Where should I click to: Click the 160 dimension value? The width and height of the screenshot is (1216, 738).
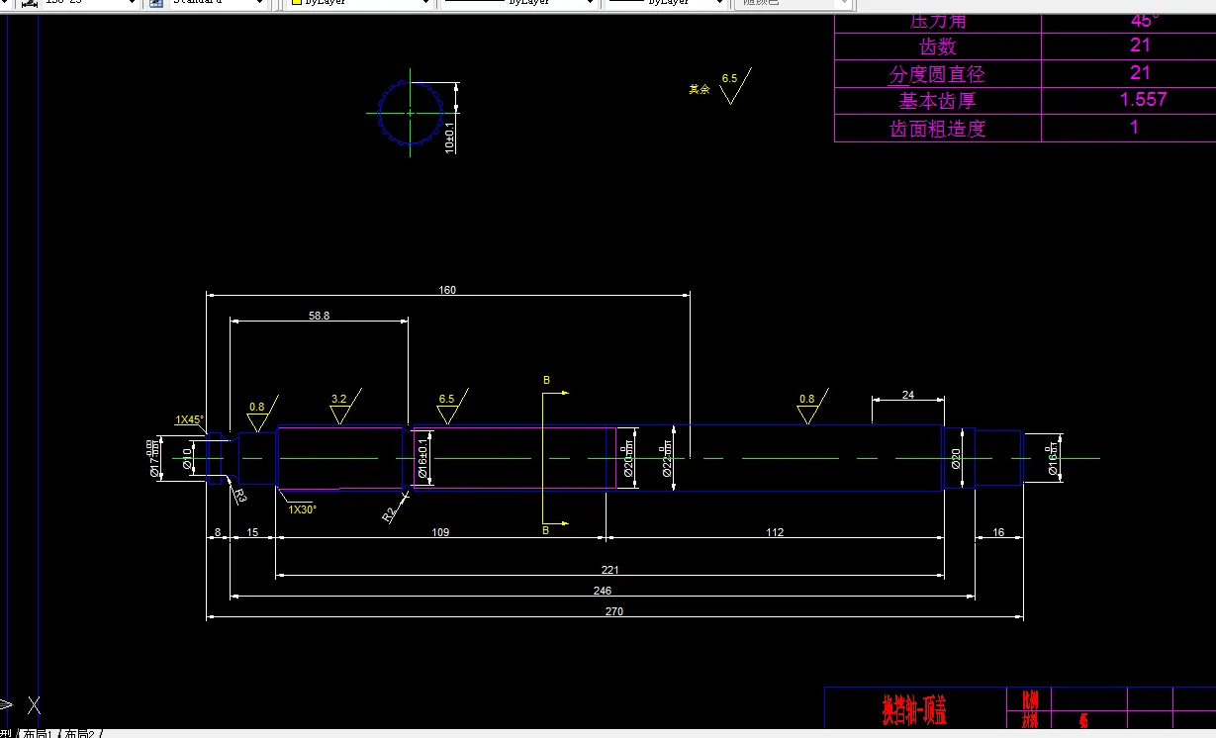(x=447, y=290)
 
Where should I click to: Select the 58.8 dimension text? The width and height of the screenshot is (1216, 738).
(x=319, y=316)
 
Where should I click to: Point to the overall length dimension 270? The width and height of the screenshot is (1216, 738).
(x=613, y=611)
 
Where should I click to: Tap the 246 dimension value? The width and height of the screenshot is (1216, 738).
(x=602, y=591)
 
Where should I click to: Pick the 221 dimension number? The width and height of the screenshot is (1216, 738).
(x=609, y=570)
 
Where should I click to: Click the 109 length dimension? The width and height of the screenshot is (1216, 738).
(x=440, y=532)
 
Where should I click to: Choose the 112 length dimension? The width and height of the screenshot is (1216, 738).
(x=775, y=532)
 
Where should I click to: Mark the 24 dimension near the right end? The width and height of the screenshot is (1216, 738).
(x=908, y=395)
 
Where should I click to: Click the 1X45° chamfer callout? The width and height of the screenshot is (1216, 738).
(x=190, y=419)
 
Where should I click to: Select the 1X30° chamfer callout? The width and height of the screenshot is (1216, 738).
(x=302, y=509)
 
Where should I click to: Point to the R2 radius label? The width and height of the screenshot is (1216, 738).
(x=390, y=513)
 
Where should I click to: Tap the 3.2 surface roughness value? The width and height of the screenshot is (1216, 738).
(x=338, y=400)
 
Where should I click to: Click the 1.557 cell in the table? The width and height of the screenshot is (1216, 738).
(x=1143, y=100)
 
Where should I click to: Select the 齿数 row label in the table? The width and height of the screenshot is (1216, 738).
(x=937, y=46)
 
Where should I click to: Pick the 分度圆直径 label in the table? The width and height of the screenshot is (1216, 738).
(x=937, y=74)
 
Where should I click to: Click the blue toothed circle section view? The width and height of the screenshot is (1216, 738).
(x=408, y=113)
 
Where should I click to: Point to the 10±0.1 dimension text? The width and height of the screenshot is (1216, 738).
(x=449, y=139)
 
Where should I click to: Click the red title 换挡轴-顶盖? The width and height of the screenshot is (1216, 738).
(x=914, y=708)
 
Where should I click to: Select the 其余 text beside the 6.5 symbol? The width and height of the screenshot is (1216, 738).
(x=700, y=89)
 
